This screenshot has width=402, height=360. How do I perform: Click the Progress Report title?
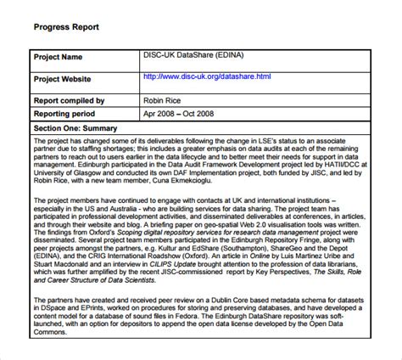pos(66,26)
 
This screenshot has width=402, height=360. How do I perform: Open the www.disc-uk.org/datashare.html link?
pos(208,76)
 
